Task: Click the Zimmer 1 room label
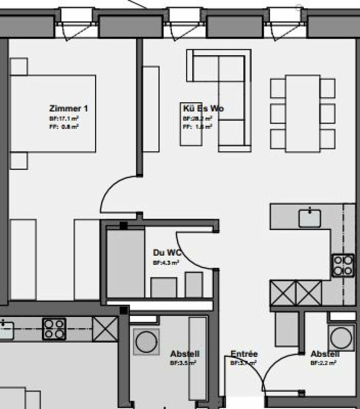[69, 108]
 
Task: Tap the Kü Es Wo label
[203, 108]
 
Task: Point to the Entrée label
[244, 354]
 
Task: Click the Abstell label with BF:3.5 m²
[185, 354]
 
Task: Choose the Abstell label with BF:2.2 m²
[325, 354]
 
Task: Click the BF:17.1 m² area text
[64, 118]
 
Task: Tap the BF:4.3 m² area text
[166, 262]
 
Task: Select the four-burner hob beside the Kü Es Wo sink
[343, 265]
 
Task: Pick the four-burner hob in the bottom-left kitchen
[54, 328]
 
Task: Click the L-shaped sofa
[225, 97]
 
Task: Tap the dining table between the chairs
[303, 113]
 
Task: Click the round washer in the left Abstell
[146, 341]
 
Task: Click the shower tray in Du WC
[126, 263]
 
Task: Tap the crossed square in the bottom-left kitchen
[105, 329]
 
